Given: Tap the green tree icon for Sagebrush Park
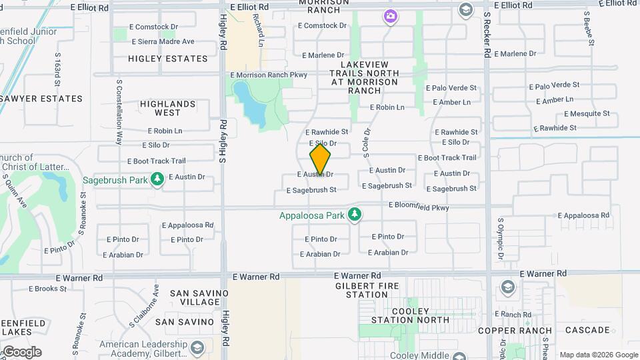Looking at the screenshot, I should [x=157, y=180].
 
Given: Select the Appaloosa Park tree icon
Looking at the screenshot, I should [x=356, y=215].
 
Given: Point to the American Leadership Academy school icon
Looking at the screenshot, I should [x=197, y=349].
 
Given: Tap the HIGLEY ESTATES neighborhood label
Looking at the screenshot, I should [x=168, y=59].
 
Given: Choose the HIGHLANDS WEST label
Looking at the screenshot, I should [x=167, y=109].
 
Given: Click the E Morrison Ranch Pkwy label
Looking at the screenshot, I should [x=269, y=75].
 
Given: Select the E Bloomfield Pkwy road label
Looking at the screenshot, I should [x=419, y=207].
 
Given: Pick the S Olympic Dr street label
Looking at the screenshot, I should [x=501, y=238].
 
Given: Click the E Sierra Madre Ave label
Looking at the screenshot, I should [x=161, y=41].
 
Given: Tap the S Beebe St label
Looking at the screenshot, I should [x=588, y=28].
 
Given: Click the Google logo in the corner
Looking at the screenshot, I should [x=21, y=351].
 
